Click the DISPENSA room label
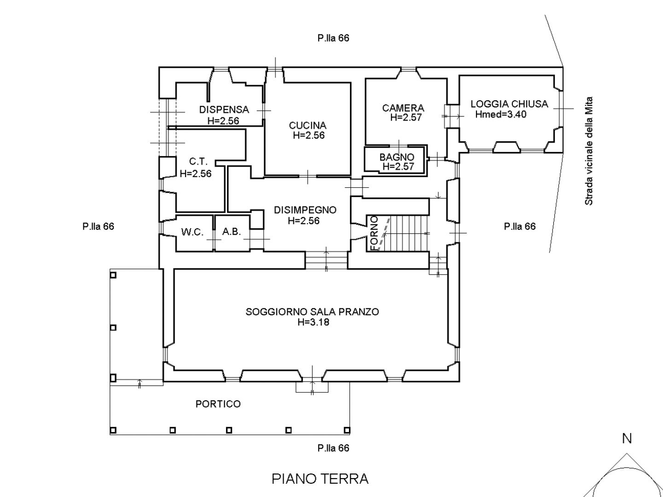224,110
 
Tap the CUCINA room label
308,126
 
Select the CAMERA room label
403,108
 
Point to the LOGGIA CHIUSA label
509,104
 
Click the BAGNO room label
396,157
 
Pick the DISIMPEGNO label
305,210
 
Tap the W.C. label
192,232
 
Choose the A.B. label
232,232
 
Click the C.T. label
198,162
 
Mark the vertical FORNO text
374,233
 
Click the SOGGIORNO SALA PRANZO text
312,312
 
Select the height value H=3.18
313,322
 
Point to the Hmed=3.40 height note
501,115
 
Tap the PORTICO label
218,404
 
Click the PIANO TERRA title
320,479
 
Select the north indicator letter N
627,439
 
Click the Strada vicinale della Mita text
589,151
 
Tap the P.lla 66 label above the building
333,38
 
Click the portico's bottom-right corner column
347,430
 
